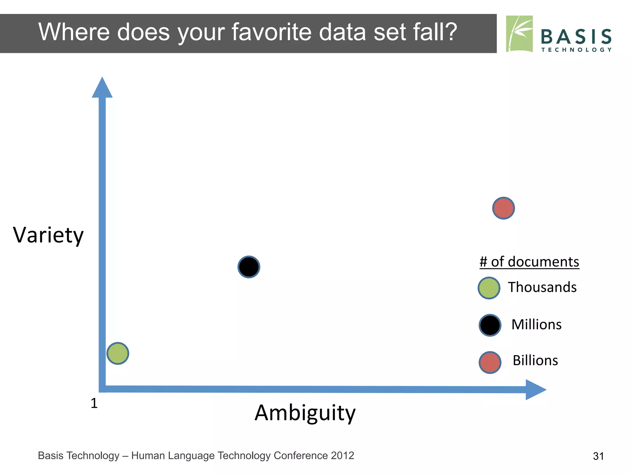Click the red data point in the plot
[x=503, y=208]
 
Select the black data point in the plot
[x=249, y=267]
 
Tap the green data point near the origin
[x=118, y=353]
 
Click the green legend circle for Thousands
[x=489, y=288]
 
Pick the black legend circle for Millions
[x=490, y=325]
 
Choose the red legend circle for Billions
[x=490, y=363]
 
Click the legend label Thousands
[x=542, y=287]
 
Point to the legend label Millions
[x=536, y=325]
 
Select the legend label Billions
[x=535, y=360]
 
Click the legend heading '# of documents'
[x=529, y=262]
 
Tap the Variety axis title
[x=48, y=235]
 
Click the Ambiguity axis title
[x=305, y=413]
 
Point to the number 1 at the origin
[x=94, y=403]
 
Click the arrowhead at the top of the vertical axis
[x=102, y=88]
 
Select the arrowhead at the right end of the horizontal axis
[x=535, y=390]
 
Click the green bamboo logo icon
[x=519, y=34]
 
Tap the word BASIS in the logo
[x=576, y=37]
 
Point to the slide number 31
[x=598, y=456]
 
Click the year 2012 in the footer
[x=342, y=455]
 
